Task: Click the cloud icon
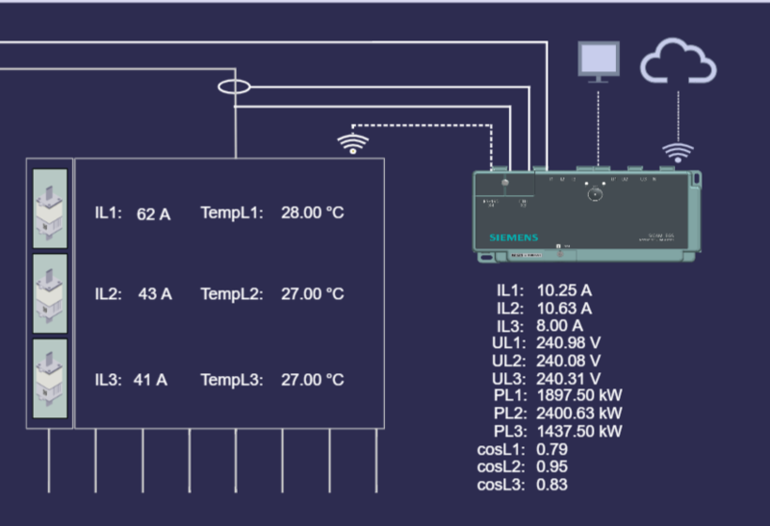679,63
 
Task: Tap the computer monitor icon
598,61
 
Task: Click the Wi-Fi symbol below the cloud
679,152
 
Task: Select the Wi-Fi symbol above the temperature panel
353,144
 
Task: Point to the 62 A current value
153,213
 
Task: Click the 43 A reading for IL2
155,294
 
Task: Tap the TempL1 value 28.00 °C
312,213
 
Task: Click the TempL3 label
231,380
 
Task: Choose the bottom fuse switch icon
50,378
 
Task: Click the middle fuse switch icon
50,293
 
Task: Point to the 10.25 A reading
563,290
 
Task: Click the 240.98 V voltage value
569,343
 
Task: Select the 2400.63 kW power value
579,413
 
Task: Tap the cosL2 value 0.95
552,466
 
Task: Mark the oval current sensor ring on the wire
234,87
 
